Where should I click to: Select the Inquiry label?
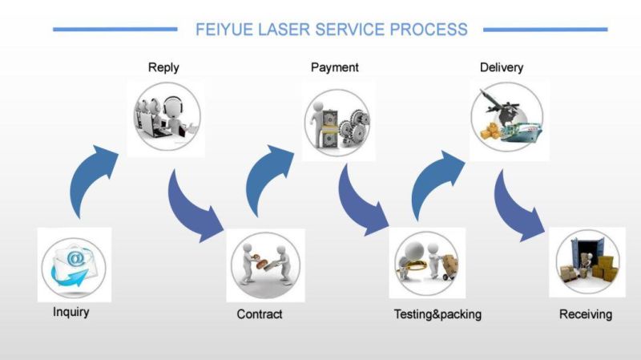[x=71, y=312]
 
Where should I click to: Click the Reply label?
[x=163, y=67]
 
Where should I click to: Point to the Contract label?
[x=260, y=314]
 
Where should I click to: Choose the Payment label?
[x=335, y=67]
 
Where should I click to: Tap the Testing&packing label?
[x=437, y=314]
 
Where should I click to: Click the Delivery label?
[x=502, y=67]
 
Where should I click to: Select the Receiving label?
[x=586, y=314]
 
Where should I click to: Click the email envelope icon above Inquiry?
[x=74, y=265]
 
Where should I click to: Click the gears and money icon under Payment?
[x=336, y=119]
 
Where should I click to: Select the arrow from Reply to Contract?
[x=193, y=204]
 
